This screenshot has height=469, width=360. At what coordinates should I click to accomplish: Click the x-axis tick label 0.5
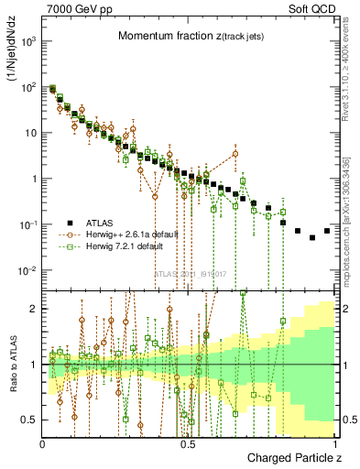189,444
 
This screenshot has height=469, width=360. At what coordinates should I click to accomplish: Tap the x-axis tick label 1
335,444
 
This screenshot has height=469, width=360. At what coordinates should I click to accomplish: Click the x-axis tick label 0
43,444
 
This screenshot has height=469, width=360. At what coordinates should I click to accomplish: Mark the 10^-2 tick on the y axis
28,270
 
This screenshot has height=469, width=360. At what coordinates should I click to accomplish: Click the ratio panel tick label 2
34,309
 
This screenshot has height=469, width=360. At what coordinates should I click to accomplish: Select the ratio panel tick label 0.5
30,420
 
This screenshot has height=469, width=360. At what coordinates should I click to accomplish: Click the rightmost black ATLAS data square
327,230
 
